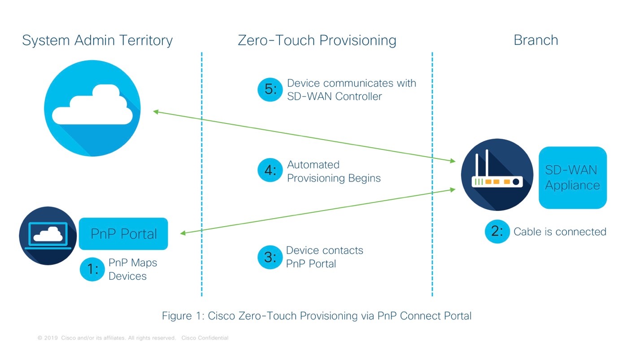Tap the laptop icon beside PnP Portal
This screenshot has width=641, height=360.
(x=48, y=235)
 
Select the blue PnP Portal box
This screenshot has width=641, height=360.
(x=123, y=234)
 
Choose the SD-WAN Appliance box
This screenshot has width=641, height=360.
(x=572, y=178)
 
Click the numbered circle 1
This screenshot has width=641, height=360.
(x=92, y=269)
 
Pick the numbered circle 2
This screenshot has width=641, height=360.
(x=497, y=232)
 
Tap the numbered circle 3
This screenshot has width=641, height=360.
(x=270, y=257)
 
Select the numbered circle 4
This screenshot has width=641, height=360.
(x=270, y=171)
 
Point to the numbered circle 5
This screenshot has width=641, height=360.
(x=270, y=89)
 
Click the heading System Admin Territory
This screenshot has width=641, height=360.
(x=97, y=40)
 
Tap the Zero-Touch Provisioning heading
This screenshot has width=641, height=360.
(x=317, y=40)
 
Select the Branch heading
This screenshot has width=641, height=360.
(x=536, y=40)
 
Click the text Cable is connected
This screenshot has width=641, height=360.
(x=560, y=232)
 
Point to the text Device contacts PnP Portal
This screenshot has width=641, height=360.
(x=324, y=257)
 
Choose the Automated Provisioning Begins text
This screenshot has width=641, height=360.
(x=333, y=171)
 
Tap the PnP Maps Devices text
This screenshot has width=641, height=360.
(x=133, y=269)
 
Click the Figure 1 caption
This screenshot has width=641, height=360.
(x=316, y=316)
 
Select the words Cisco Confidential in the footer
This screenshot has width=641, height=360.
(x=205, y=338)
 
